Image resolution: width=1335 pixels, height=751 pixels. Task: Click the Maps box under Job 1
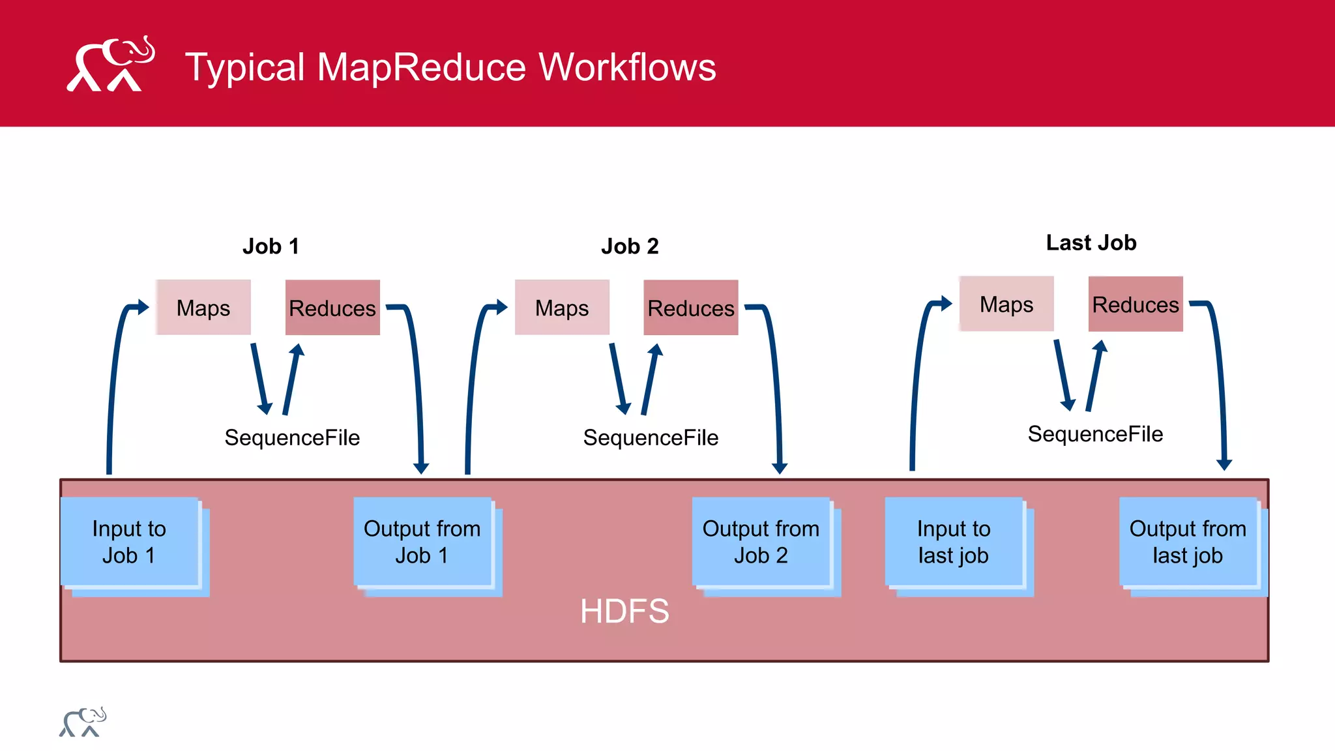[203, 308]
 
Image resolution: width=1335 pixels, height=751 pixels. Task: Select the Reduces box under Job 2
[691, 308]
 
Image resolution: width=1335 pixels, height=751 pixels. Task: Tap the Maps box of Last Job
[1006, 304]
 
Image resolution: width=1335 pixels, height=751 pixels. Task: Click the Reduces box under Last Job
[1136, 304]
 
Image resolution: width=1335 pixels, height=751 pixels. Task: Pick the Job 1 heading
[271, 246]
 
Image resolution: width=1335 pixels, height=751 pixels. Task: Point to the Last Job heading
[1091, 243]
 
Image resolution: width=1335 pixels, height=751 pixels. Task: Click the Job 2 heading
[630, 246]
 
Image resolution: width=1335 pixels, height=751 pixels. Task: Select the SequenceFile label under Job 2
[651, 437]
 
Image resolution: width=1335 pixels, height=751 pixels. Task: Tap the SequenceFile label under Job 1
[292, 437]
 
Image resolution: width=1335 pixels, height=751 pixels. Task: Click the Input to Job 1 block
[129, 542]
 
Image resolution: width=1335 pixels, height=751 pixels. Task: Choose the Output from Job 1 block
[422, 542]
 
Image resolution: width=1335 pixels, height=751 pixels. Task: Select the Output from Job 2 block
[761, 542]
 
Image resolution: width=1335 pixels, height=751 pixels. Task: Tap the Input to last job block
[953, 542]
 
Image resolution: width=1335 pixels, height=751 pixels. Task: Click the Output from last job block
[1188, 542]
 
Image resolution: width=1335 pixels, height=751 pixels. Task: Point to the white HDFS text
[624, 611]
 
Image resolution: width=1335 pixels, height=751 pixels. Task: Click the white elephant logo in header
[111, 64]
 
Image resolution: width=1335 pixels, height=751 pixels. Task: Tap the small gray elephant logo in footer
[82, 722]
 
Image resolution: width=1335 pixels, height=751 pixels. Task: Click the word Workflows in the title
[627, 67]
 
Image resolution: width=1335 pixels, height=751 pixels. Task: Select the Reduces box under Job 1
[332, 308]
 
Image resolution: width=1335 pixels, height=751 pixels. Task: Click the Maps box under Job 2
[562, 308]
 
